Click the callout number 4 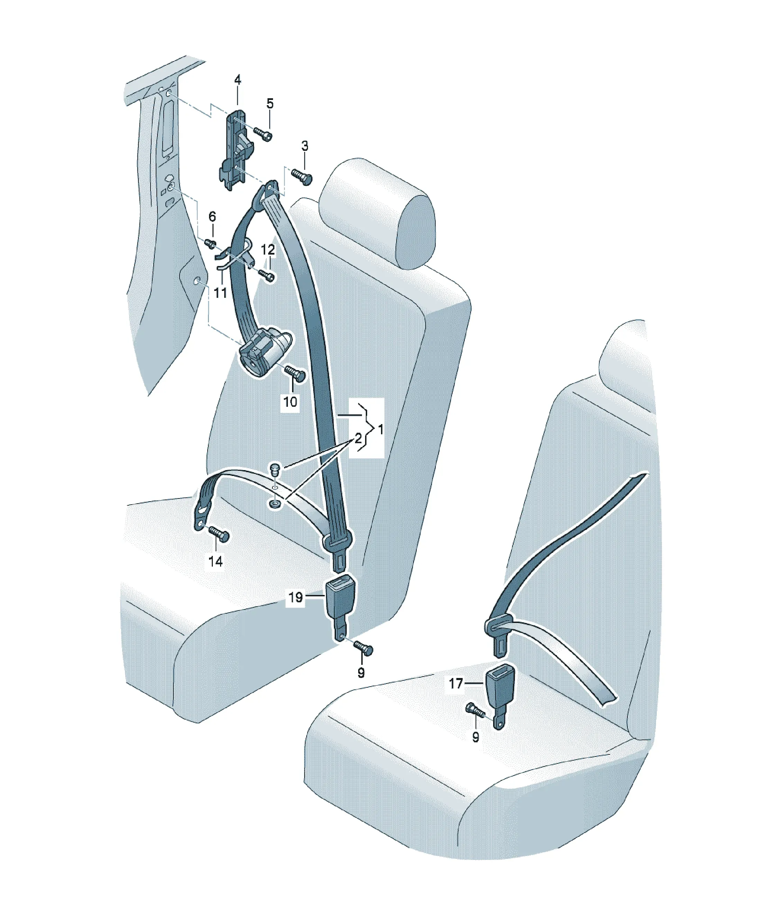coord(237,80)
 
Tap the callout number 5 coord(270,103)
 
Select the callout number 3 coord(305,146)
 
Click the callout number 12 coord(268,250)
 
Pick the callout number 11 coord(220,292)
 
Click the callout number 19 coord(296,597)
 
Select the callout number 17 coord(456,684)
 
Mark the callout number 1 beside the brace coord(381,430)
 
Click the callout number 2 coord(358,438)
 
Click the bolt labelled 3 coord(301,177)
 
